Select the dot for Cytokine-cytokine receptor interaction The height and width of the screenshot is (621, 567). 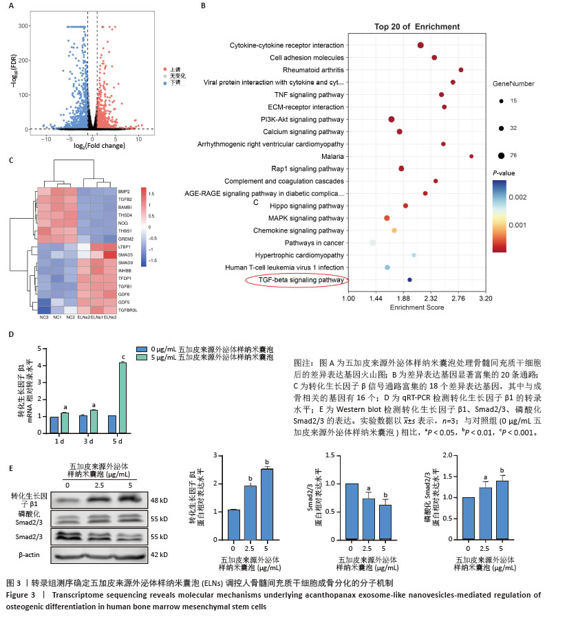point(420,45)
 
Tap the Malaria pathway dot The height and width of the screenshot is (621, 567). point(471,156)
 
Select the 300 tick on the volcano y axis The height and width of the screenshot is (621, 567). point(25,26)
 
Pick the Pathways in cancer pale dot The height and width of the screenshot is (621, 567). point(372,243)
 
